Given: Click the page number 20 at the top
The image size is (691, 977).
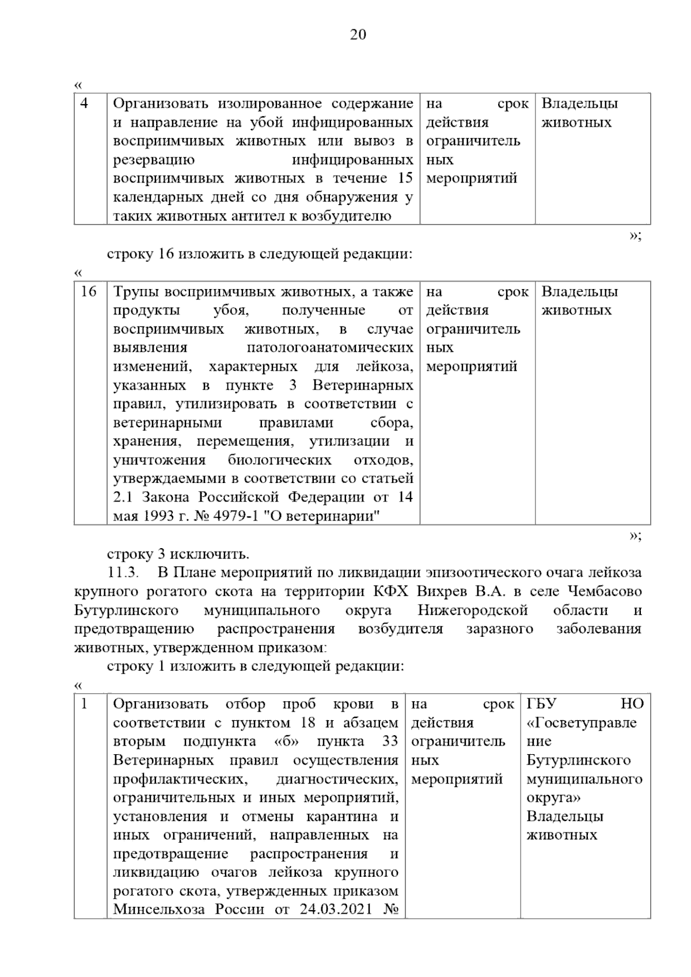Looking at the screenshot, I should [x=358, y=35].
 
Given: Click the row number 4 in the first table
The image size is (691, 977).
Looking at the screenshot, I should [x=84, y=104].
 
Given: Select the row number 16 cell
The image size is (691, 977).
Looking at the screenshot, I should [x=89, y=292].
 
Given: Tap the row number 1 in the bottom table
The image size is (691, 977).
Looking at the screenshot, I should [x=84, y=704].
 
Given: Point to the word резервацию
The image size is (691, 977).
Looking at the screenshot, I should [x=154, y=160].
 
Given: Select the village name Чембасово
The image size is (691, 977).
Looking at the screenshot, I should [x=605, y=592].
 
